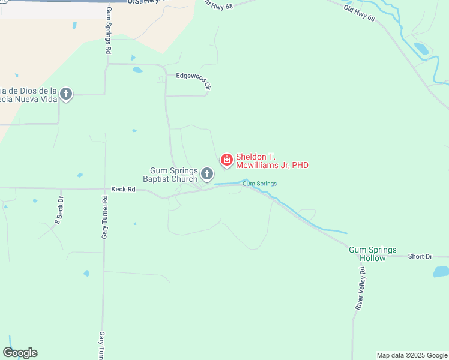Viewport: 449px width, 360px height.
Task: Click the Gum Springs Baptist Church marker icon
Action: point(207,174)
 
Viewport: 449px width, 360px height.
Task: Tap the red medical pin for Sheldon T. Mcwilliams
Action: point(227,159)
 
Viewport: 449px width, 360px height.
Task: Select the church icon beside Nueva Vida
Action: point(66,94)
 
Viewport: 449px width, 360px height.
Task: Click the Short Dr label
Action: point(420,256)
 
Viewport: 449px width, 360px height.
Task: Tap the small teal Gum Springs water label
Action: point(259,184)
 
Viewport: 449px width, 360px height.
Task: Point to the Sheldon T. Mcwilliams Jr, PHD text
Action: point(272,161)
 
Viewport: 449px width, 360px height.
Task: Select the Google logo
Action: point(20,353)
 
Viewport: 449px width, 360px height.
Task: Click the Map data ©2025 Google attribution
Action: point(412,355)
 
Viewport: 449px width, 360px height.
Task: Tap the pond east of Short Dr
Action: point(441,272)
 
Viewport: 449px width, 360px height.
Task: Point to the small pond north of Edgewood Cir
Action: point(138,70)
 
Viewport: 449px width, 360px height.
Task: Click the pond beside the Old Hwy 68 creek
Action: point(421,49)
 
